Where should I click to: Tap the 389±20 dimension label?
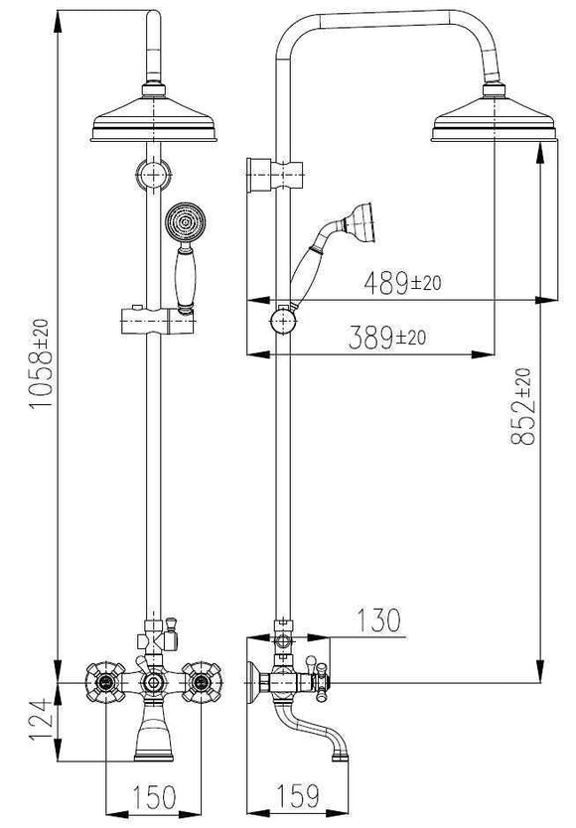[387, 338]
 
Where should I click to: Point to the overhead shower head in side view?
[492, 125]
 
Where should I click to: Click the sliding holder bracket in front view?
[155, 322]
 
